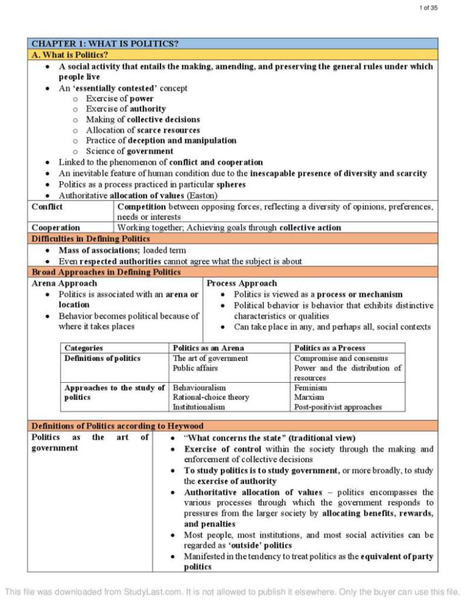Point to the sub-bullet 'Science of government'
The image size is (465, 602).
click(x=129, y=151)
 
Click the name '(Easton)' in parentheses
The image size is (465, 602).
click(x=205, y=196)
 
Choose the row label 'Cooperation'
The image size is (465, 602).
click(x=55, y=228)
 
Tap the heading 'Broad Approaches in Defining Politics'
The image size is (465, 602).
click(x=106, y=272)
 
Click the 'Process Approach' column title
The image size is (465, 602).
click(x=242, y=283)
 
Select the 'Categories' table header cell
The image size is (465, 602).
click(x=84, y=348)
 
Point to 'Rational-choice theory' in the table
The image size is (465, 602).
click(x=211, y=397)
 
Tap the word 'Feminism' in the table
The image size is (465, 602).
click(x=311, y=387)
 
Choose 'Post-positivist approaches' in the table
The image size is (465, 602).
click(x=338, y=407)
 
